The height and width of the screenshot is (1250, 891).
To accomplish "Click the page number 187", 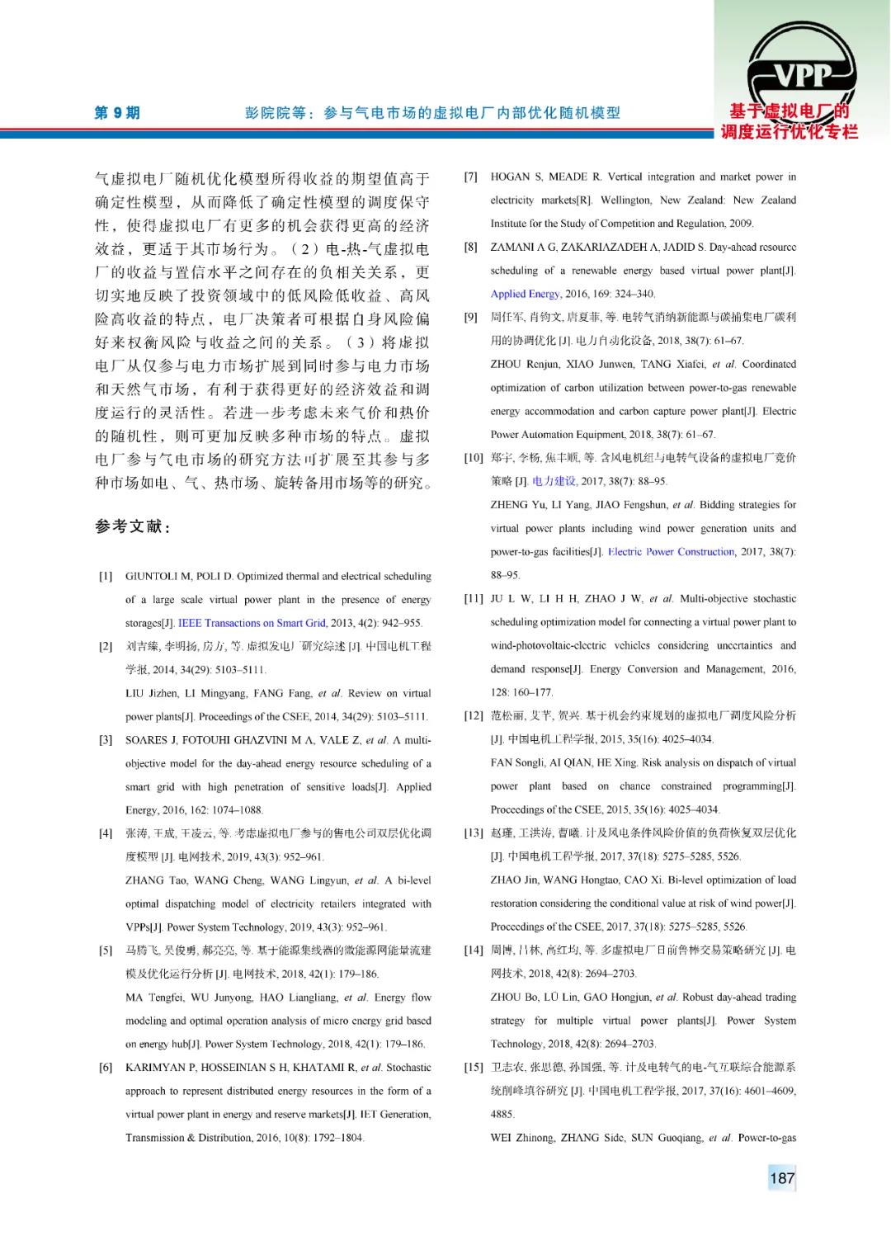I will click(781, 1177).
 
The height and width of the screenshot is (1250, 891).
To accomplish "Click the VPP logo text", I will click(803, 76).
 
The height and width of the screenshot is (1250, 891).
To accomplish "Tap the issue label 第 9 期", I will click(117, 113).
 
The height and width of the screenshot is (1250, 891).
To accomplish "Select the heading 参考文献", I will click(132, 526).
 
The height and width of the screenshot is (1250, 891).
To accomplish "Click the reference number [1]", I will click(106, 577).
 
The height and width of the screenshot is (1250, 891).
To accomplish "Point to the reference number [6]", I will click(106, 1068).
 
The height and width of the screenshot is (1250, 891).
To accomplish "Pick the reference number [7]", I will click(470, 177).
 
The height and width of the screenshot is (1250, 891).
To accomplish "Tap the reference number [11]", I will click(473, 599).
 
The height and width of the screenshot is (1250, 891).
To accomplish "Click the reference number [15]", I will click(473, 1068).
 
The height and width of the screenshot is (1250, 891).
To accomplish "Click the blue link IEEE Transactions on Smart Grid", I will click(252, 623).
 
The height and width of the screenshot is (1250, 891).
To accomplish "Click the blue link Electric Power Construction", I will click(671, 552).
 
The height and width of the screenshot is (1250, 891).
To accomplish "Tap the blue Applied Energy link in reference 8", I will click(525, 294).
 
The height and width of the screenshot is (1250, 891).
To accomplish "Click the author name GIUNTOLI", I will click(154, 577).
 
